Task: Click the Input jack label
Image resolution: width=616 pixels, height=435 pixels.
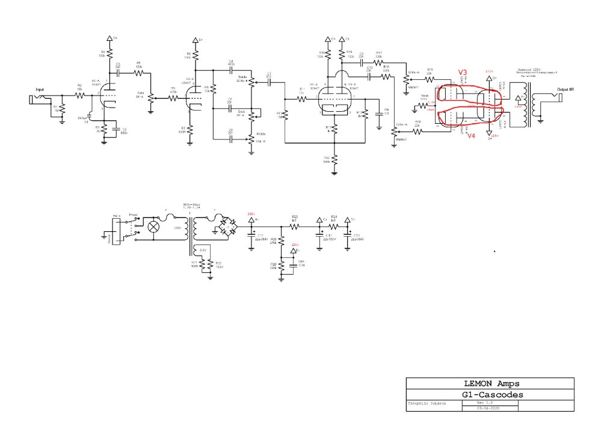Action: point(40,89)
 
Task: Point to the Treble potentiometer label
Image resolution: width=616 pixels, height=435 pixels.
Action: point(242,77)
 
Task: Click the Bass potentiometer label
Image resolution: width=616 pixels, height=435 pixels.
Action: point(241,111)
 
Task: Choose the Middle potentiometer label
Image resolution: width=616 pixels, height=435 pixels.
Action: point(260,134)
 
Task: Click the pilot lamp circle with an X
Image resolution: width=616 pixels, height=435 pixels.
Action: point(154,227)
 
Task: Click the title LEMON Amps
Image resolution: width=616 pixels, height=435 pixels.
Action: point(490,383)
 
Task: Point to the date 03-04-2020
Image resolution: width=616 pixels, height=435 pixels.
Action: point(488,408)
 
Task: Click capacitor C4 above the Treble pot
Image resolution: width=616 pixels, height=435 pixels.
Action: point(231,70)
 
